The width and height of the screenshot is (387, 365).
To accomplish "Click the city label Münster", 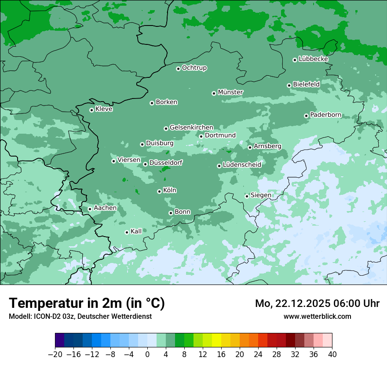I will (x=230, y=92).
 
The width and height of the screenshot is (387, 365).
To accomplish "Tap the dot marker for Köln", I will (x=159, y=191).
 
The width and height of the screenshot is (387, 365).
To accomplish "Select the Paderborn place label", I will (x=325, y=115).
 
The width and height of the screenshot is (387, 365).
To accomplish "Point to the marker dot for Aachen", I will (x=90, y=209).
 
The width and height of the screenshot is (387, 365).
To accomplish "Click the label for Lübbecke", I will (x=313, y=59).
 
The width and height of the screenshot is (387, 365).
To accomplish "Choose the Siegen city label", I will (x=261, y=195).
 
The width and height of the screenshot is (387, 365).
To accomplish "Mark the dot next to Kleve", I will (x=91, y=110).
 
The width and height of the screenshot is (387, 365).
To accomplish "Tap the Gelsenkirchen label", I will (x=191, y=128).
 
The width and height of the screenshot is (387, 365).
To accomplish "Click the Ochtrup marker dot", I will (x=178, y=69).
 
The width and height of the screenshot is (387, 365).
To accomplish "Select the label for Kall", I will (x=136, y=231).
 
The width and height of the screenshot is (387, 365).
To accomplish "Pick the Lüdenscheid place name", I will (x=242, y=165).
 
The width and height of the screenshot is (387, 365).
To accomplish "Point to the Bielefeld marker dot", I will (x=289, y=85).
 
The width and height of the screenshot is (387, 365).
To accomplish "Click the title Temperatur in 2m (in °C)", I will (x=87, y=303).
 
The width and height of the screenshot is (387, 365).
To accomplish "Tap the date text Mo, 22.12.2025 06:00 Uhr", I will (x=317, y=303).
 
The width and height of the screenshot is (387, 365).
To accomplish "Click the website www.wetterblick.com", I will (x=317, y=316).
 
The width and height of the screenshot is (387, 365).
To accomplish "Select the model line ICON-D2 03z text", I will (x=80, y=316).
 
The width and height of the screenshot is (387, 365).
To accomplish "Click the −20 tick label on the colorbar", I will (x=55, y=354).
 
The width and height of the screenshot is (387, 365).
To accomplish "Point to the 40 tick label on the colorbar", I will (x=332, y=354).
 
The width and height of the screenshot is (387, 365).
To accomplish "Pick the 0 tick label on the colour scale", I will (x=147, y=354).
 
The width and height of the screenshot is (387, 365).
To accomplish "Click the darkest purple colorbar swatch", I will (x=59, y=340).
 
